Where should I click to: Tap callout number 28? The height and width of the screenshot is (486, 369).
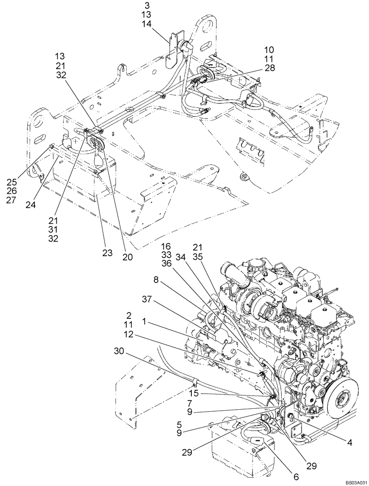coord(269,68)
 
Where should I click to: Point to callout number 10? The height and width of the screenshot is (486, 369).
coord(269,50)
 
